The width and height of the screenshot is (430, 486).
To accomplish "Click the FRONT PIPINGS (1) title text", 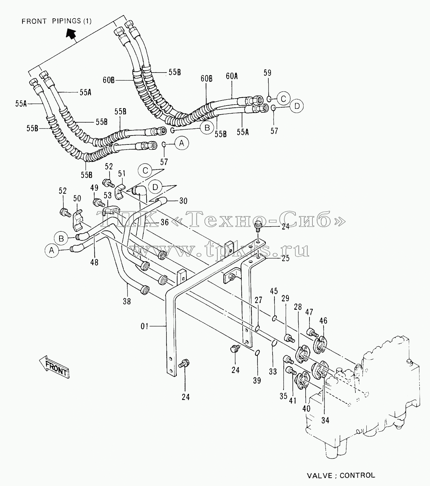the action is pos(57,22).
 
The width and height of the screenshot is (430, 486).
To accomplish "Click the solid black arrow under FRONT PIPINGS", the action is pos(71,33).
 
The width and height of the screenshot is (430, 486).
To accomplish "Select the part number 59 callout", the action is pos(267,73).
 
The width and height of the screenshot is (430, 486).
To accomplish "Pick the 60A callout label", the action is pos(232,76).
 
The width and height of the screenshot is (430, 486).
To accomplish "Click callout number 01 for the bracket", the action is pos(145,326).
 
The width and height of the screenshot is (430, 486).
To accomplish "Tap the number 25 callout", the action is pos(285,258).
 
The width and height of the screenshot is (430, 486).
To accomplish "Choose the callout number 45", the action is pos(274,291).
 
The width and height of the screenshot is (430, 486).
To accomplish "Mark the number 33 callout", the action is pos(273,372).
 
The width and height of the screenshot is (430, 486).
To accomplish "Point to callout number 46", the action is pos(323,321).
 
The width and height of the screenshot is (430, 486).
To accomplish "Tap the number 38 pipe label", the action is pos(127,301).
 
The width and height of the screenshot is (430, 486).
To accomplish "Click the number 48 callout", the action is pos(94,263).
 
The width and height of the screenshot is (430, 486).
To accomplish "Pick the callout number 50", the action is pos(77,198).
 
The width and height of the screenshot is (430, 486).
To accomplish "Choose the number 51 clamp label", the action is pos(122,173).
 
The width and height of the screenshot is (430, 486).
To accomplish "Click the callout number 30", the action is pos(183,201).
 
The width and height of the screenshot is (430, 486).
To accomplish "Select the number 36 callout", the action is pos(165,222).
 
